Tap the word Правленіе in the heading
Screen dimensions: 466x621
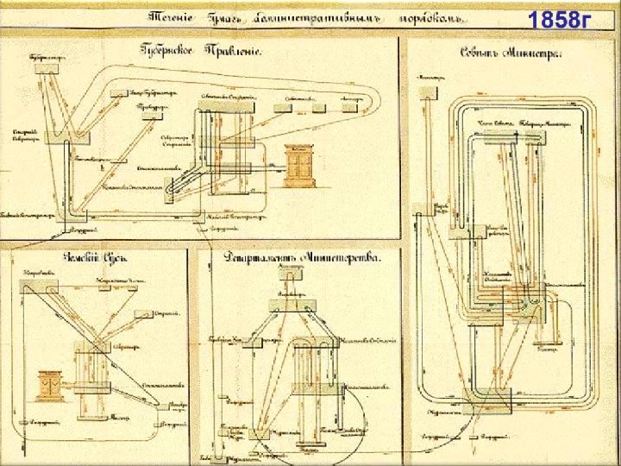233,50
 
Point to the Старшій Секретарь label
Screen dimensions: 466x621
23,134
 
